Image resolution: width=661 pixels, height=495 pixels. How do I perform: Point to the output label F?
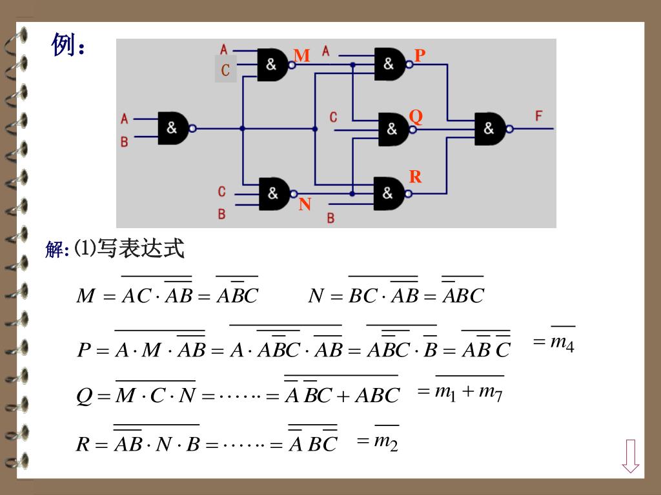539,116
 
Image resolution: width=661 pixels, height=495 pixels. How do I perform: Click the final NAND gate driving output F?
490,129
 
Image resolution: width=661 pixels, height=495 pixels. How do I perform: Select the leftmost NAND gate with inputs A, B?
173,128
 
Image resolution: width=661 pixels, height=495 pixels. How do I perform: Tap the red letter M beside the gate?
301,56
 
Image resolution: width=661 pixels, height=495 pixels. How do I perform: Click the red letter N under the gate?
305,205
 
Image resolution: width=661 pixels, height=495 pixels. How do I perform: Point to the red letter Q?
416,117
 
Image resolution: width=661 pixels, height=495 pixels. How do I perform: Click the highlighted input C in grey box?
225,70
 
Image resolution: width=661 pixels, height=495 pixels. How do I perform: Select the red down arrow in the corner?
631,456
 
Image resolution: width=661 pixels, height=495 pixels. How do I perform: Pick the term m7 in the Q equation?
491,392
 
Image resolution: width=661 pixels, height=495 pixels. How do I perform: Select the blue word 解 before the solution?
54,249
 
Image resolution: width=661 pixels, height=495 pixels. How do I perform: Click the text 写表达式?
141,248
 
